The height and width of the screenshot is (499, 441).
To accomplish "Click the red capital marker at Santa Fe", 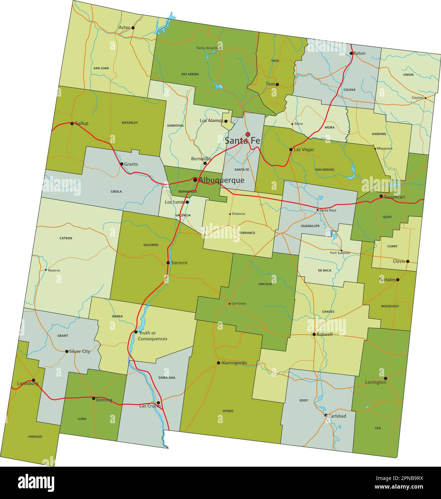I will tap(248, 134).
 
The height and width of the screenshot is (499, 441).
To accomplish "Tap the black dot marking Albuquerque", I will tap(195, 179).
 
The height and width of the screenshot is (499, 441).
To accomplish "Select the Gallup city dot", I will tap(72, 123).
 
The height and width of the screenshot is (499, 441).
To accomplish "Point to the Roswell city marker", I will tap(314, 334).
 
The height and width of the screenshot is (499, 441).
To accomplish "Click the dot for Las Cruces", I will tap(158, 403).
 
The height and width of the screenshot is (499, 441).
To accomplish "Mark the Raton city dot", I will tap(351, 53).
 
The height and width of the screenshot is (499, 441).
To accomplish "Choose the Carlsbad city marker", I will tap(326, 415).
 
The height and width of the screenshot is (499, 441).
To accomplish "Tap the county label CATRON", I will tap(66, 238).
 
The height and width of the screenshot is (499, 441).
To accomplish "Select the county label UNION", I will tap(408, 75).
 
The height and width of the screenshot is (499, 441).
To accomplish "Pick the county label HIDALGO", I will tap(35, 437).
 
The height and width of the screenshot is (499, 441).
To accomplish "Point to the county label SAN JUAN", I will tap(101, 68).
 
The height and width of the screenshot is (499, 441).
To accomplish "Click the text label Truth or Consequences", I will tap(153, 336).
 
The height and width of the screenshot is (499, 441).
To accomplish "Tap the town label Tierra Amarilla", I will tap(207, 48).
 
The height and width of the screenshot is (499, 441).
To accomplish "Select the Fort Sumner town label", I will tap(340, 253).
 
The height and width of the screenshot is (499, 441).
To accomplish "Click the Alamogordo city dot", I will tap(218, 363).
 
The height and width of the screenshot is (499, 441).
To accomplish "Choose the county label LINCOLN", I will tap(265, 284).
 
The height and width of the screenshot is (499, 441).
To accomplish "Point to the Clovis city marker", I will tap(407, 261).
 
